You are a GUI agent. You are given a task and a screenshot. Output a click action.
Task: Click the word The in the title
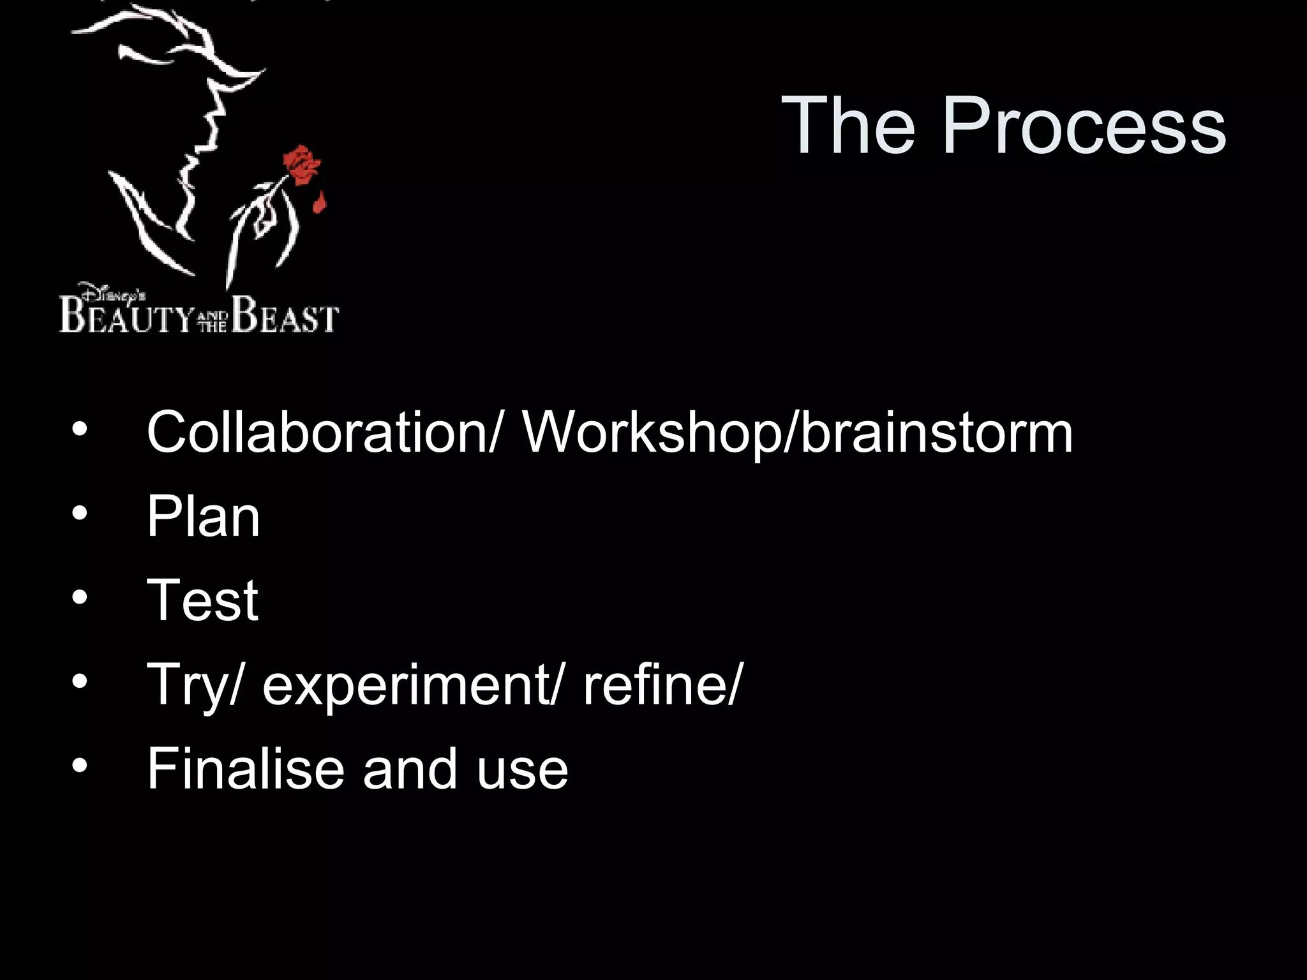[849, 125]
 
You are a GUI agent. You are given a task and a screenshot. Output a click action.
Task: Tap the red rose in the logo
[301, 165]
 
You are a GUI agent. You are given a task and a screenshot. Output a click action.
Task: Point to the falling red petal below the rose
[319, 204]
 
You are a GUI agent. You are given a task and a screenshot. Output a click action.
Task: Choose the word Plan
[203, 517]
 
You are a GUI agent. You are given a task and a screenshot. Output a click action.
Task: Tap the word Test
[202, 600]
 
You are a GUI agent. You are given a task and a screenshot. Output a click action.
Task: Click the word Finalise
[246, 769]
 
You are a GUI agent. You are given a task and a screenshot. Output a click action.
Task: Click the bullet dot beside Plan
[79, 513]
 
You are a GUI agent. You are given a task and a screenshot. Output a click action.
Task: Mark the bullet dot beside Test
[79, 597]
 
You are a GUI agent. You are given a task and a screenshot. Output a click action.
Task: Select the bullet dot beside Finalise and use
[79, 766]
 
